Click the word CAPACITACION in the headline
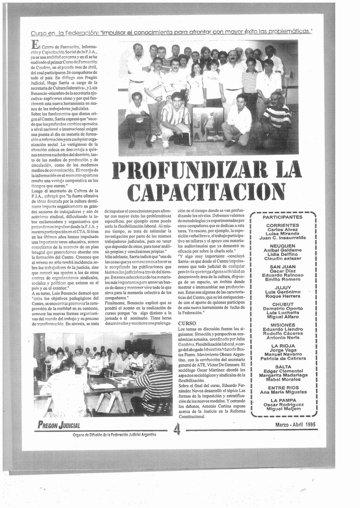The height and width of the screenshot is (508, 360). coord(206,192)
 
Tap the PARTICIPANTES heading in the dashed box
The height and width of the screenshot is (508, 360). coord(282,217)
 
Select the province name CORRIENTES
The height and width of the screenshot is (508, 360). coord(282,225)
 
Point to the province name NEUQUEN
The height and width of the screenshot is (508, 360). coord(282,246)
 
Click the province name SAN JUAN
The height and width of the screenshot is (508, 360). coord(282,266)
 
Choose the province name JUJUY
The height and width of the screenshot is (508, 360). coord(283,287)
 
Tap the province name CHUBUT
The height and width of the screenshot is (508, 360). coord(283,304)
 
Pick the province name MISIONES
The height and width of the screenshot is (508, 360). coord(283,325)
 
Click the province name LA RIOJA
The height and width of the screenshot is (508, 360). coord(283,346)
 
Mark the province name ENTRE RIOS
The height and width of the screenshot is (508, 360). coord(283,387)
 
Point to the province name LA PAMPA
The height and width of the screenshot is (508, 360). coord(283,400)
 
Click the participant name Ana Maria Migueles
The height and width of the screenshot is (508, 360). coord(283,392)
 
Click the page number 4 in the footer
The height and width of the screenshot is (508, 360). coord(177,429)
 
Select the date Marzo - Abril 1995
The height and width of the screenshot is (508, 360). coord(295,425)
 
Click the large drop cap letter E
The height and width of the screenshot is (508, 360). coord(35,45)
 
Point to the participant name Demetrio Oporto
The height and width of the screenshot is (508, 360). coord(283,309)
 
